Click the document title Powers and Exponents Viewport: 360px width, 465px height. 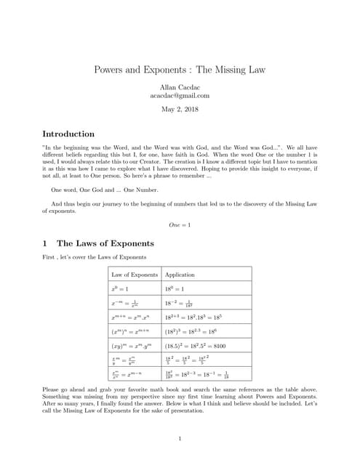pyautogui.click(x=180, y=70)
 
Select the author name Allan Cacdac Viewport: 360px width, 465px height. pyautogui.click(x=180, y=86)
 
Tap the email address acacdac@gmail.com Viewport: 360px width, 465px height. pyautogui.click(x=180, y=95)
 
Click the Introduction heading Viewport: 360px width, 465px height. pyautogui.click(x=68, y=134)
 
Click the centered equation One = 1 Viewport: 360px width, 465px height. pyautogui.click(x=180, y=225)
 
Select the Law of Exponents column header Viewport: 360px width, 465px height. pyautogui.click(x=134, y=275)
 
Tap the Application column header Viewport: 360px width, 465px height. pyautogui.click(x=180, y=275)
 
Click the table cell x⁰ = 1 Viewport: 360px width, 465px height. pyautogui.click(x=119, y=289)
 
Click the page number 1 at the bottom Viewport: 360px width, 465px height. pyautogui.click(x=180, y=438)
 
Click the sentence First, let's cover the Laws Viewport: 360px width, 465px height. pyautogui.click(x=95, y=256)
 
